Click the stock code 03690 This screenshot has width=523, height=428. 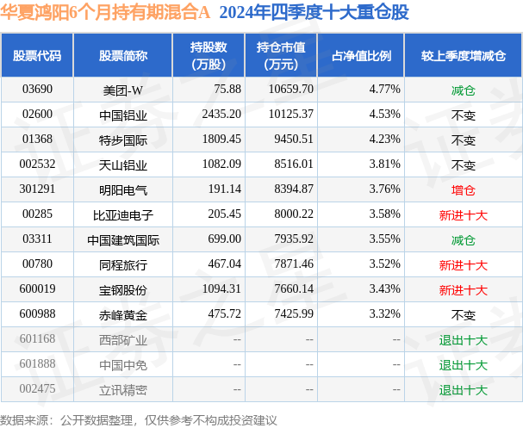click(x=37, y=89)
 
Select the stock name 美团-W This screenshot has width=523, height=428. click(x=122, y=89)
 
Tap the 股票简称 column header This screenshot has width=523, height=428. click(x=122, y=55)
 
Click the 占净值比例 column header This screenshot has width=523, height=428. click(x=361, y=55)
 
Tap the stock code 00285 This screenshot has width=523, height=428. click(x=37, y=213)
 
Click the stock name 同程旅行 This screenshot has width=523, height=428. click(x=122, y=265)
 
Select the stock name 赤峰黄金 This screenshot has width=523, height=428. click(x=122, y=314)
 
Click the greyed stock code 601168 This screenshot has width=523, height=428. click(x=37, y=339)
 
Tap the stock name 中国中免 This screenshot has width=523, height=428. click(x=122, y=364)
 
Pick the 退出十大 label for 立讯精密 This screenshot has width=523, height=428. click(x=463, y=390)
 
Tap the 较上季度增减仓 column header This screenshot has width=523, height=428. click(x=463, y=55)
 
